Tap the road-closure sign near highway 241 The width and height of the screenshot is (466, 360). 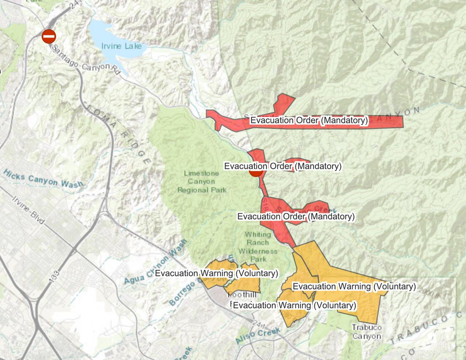[x=49, y=36]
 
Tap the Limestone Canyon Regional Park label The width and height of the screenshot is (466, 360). [x=202, y=182]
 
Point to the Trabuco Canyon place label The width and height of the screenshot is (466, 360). [x=367, y=332]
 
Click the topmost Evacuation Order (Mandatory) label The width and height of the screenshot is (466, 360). [x=309, y=120]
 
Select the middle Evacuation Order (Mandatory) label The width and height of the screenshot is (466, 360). [x=283, y=166]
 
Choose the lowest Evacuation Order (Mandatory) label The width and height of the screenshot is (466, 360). [x=296, y=216]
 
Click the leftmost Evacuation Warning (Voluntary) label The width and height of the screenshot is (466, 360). [x=216, y=273]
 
